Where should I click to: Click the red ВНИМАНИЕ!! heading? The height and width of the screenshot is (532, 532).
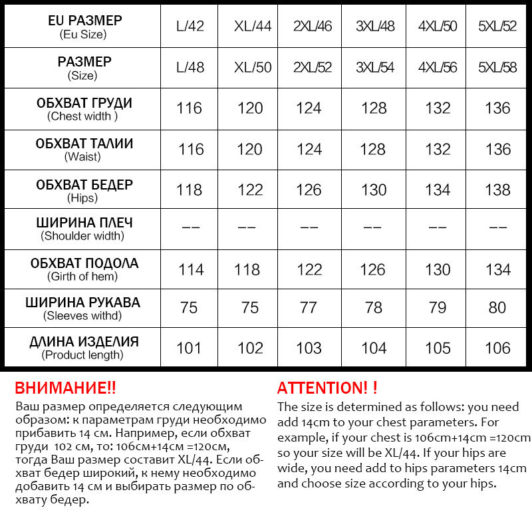point(65,388)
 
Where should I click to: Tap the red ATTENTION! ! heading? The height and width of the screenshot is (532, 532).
point(327,388)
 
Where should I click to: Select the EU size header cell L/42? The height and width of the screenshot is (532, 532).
point(190,27)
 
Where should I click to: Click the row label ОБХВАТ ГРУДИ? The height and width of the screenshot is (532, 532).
point(84,103)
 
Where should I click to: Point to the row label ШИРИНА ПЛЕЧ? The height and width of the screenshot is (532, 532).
point(84,223)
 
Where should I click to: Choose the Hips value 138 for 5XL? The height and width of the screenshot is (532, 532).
point(498,190)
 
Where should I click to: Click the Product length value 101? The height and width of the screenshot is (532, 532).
point(188,348)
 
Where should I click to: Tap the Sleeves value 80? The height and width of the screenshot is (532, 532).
point(497,307)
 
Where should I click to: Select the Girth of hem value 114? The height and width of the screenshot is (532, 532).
point(192,269)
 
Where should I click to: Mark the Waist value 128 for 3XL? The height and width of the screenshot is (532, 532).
point(372,149)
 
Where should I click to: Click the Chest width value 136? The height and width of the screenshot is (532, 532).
point(498,108)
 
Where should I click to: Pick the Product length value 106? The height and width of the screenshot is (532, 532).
point(498,348)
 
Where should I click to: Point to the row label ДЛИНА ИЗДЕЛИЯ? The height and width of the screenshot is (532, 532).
point(84,342)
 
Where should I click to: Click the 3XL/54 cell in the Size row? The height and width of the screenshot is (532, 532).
point(375,68)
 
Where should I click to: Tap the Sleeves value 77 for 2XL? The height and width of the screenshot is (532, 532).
point(309,307)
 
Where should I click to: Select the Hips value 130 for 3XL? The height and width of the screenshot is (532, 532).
point(374,190)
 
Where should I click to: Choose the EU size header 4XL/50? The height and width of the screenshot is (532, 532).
point(438,27)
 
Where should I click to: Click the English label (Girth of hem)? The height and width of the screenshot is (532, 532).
point(82,277)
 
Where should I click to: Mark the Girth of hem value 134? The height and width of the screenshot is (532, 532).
point(498,269)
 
